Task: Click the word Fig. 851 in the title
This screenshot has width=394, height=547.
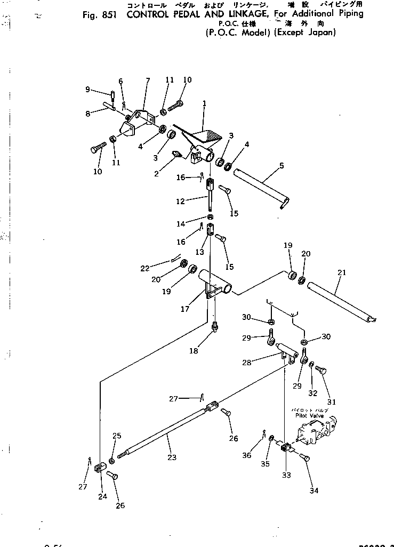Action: [x=100, y=13]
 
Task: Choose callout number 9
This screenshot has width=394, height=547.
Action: [x=87, y=89]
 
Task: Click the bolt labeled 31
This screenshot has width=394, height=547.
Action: [x=320, y=369]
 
